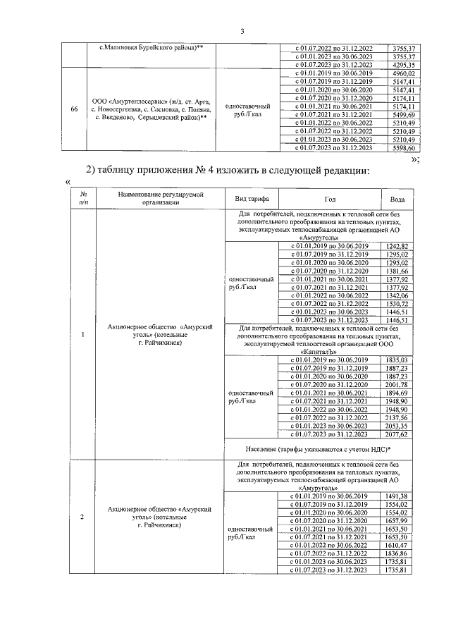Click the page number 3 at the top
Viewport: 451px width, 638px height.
tap(242, 31)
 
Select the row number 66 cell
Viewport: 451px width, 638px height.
tap(75, 109)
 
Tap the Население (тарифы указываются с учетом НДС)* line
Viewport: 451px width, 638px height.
tap(319, 449)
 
